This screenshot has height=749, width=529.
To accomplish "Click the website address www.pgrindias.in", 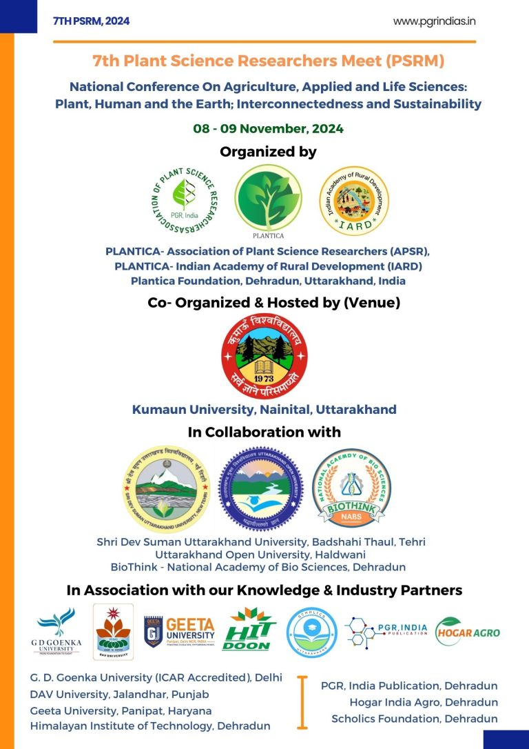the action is point(434,21).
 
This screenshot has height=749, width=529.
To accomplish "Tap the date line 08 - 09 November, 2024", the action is point(268,128).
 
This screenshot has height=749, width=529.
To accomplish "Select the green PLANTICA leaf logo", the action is point(268,198).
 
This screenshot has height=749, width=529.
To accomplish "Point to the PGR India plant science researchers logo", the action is point(183,199).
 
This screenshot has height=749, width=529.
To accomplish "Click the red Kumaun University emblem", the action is point(264,354).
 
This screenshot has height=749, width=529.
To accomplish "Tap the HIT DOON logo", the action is point(249,630).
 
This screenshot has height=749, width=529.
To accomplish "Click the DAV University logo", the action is point(114,629).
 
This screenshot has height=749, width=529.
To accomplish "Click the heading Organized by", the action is point(268,152).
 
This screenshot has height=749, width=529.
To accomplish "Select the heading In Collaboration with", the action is point(264,432).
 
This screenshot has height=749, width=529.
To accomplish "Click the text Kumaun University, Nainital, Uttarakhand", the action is point(264,410).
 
